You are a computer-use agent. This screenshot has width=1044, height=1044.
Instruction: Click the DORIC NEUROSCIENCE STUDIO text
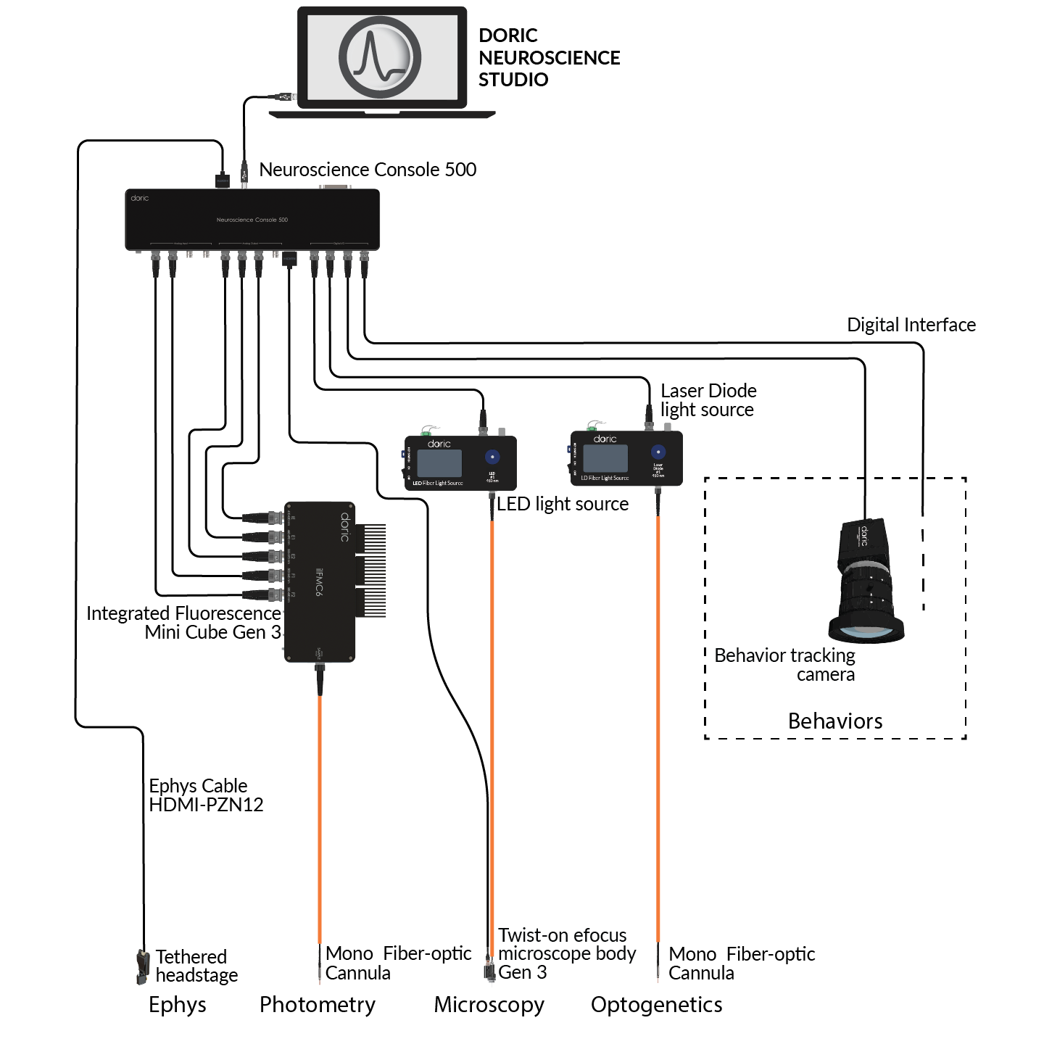click(549, 57)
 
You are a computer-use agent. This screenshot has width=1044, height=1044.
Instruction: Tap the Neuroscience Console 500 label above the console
click(368, 170)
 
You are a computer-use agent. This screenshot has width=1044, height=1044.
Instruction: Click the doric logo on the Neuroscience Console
click(140, 198)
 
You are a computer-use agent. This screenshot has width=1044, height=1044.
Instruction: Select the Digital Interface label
click(911, 325)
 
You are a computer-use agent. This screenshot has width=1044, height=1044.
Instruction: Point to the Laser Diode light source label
click(708, 400)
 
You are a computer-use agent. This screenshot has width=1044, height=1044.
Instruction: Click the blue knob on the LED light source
click(492, 457)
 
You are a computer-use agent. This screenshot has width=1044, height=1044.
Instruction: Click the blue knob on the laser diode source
click(658, 452)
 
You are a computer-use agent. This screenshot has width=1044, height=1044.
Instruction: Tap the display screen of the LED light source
click(439, 463)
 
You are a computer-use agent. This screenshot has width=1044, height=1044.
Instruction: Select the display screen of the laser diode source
click(605, 458)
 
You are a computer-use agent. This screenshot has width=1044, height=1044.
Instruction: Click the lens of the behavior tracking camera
click(866, 629)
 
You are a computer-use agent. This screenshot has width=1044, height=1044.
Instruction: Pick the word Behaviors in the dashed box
click(835, 721)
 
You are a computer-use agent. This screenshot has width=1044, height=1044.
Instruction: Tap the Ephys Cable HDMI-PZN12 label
click(206, 795)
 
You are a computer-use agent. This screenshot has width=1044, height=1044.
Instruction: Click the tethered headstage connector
click(142, 967)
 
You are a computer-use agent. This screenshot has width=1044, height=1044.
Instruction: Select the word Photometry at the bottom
click(318, 1005)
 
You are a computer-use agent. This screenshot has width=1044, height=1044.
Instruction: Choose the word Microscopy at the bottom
click(489, 1005)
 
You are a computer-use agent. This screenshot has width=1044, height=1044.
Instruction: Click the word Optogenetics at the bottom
click(656, 1005)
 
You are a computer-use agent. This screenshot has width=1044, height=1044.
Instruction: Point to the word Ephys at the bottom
click(178, 1005)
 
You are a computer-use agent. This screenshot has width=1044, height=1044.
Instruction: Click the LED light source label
click(563, 504)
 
